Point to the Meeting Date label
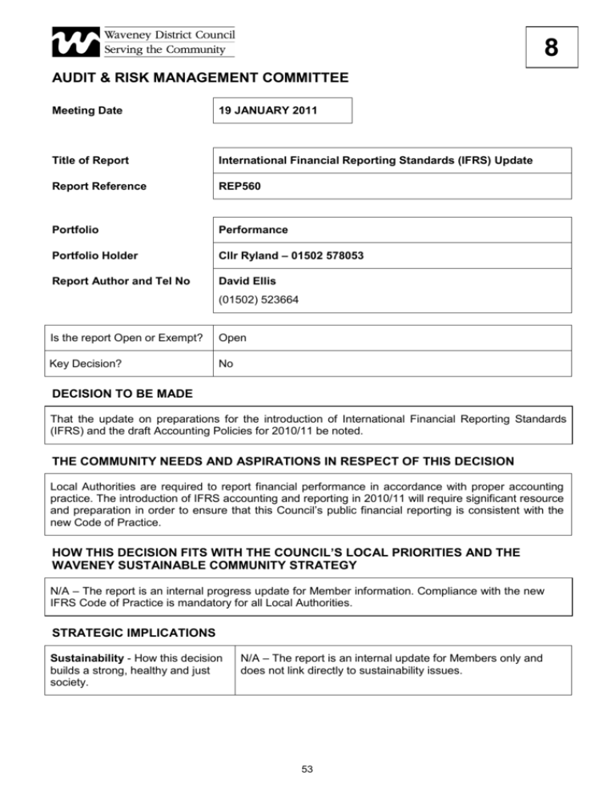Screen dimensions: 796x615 click(87, 111)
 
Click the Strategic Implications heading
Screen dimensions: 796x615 click(133, 633)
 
